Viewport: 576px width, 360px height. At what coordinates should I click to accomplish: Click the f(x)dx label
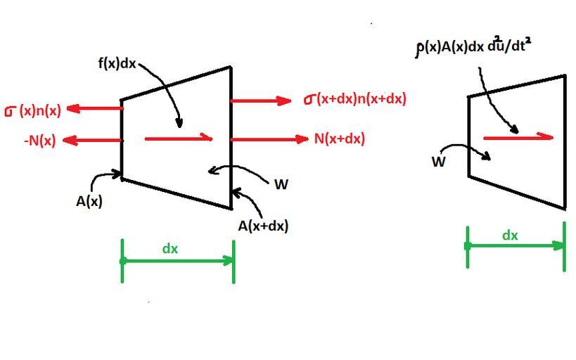(117, 63)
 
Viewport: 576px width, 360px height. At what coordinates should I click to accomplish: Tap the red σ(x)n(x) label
(33, 110)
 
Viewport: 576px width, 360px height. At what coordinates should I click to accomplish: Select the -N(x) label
(39, 141)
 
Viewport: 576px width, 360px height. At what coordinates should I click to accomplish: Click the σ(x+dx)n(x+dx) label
(355, 99)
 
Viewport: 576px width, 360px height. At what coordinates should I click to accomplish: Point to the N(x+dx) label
(339, 139)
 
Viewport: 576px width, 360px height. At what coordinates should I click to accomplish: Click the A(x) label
(89, 201)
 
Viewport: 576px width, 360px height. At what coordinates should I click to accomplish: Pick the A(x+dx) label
(263, 226)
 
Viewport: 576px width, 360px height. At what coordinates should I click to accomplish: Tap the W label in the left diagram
(281, 184)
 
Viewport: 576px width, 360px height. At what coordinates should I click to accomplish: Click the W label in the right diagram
(438, 162)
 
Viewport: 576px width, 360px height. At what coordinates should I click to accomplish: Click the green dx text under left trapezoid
(170, 248)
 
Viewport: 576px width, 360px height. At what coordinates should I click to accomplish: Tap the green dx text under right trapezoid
(510, 236)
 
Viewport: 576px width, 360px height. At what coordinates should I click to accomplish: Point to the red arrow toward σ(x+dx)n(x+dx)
(260, 101)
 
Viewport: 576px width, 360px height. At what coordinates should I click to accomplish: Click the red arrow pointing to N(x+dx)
(269, 139)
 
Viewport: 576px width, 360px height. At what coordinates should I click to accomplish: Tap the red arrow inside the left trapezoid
(179, 139)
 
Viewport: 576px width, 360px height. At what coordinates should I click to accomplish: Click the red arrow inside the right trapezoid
(518, 138)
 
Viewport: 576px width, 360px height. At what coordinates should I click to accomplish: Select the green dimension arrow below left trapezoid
(178, 261)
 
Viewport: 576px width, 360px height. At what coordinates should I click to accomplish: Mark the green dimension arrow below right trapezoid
(516, 245)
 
